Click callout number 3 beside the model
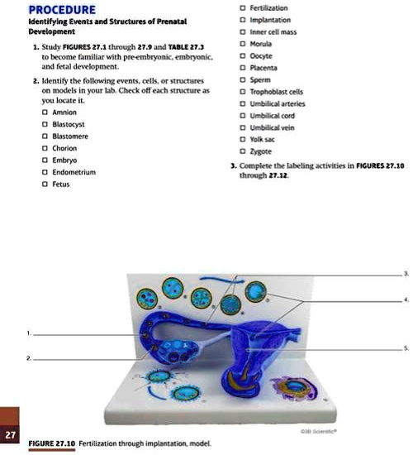click(x=405, y=273)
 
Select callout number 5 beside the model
click(x=405, y=350)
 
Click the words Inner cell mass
click(x=275, y=33)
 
